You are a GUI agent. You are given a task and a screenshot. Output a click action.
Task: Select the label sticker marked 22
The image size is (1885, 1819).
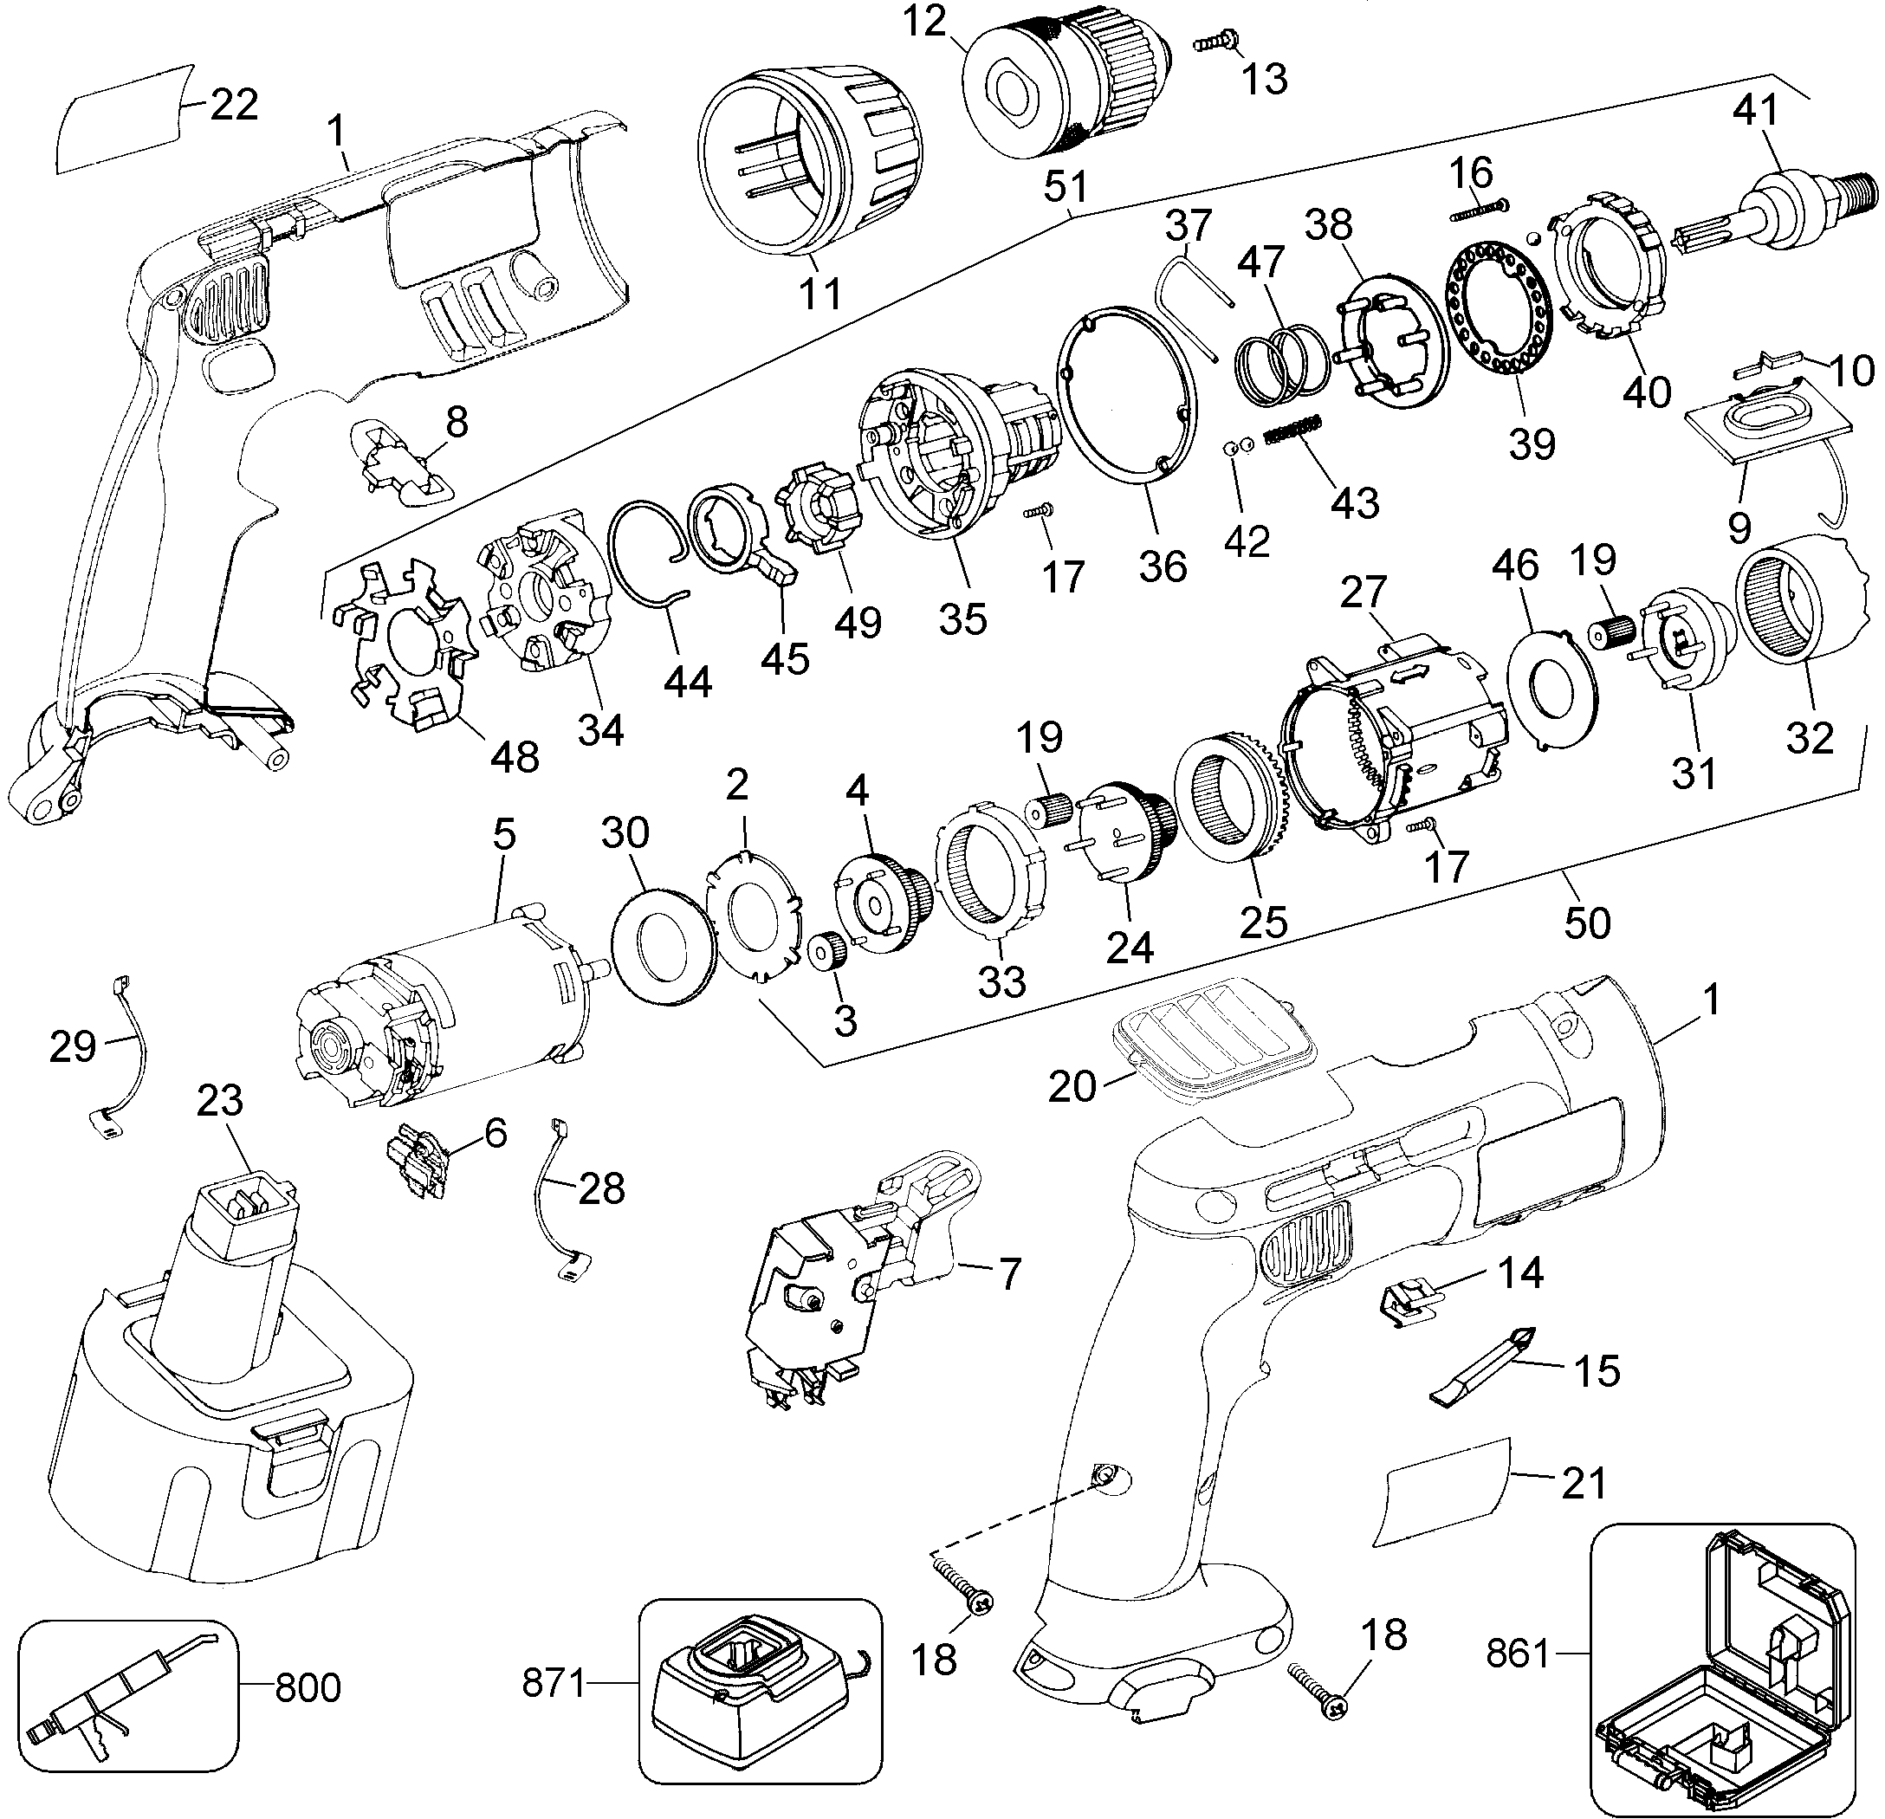click(x=120, y=120)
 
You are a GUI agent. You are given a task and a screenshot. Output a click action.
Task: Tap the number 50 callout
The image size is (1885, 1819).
click(x=1587, y=923)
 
